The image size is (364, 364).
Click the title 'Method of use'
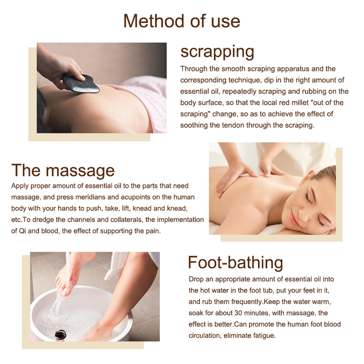coord(182,21)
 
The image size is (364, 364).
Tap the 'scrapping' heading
coord(217,52)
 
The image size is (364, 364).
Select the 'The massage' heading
coord(63,171)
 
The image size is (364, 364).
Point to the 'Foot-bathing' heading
coord(235,263)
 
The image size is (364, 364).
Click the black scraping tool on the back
coord(81,83)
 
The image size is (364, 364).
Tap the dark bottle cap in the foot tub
coord(61,335)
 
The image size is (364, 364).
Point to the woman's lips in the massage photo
coord(294,219)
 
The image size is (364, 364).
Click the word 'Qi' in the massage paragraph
coord(22,231)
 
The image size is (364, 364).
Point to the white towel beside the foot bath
coord(116,265)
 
